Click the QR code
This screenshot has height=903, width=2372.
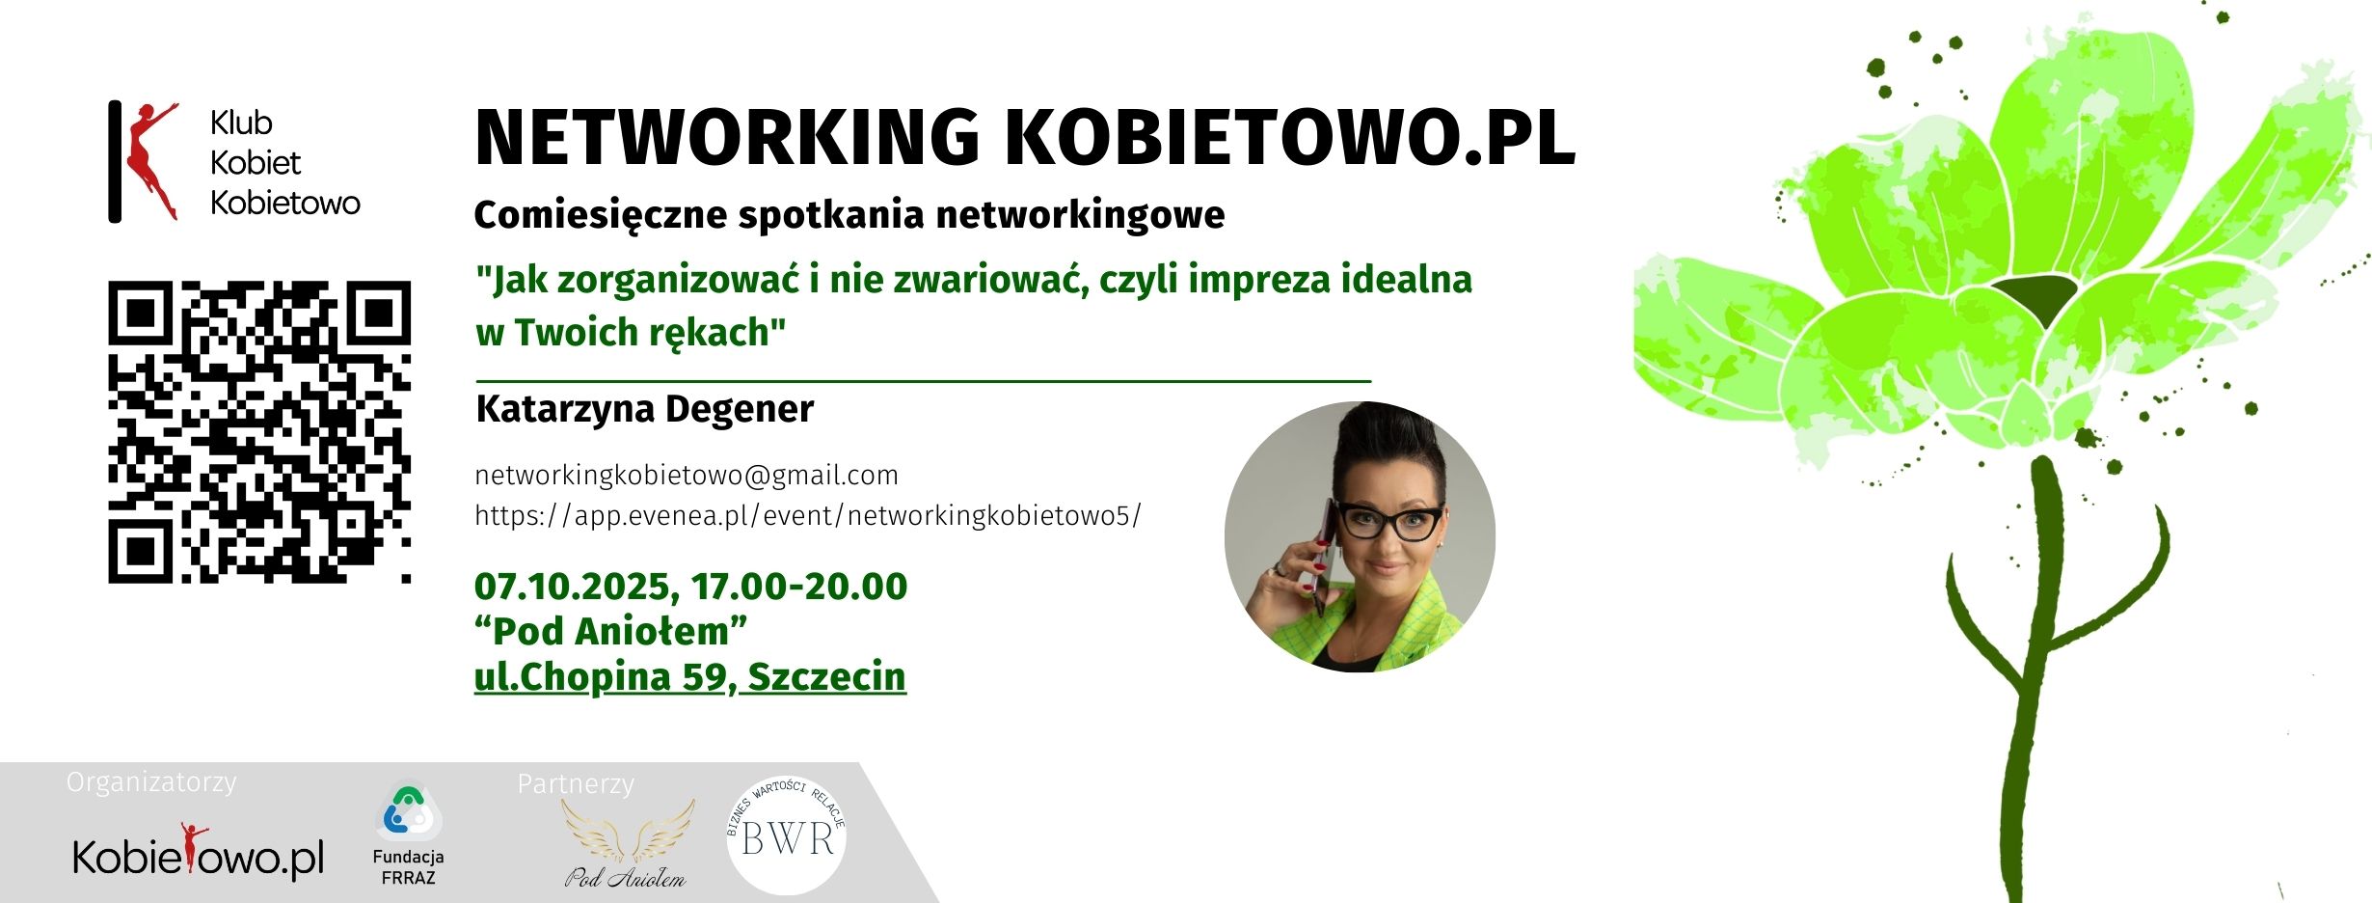coord(259,431)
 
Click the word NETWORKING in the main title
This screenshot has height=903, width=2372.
coord(727,138)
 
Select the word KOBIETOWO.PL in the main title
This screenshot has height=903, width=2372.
coord(1290,138)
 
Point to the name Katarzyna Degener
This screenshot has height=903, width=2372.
coord(644,409)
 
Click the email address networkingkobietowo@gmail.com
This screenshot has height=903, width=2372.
coord(686,475)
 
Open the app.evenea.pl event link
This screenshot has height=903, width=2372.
coord(807,515)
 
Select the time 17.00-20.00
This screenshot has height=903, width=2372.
coord(799,586)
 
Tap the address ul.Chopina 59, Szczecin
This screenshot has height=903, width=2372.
coord(689,676)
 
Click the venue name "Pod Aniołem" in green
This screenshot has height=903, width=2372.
coord(610,631)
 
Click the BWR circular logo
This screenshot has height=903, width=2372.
coord(786,835)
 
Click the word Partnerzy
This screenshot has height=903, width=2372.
coord(576,783)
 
